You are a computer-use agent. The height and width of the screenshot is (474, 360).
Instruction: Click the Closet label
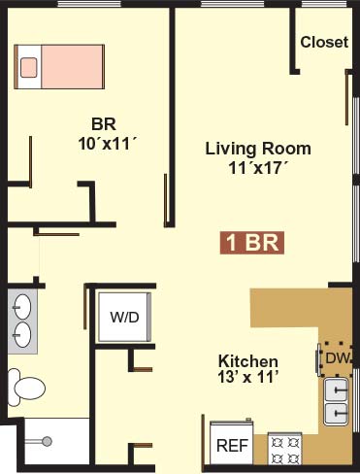tap(324, 42)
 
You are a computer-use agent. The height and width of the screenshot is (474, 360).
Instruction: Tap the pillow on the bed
tap(29, 67)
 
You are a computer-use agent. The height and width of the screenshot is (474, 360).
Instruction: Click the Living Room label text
tap(258, 149)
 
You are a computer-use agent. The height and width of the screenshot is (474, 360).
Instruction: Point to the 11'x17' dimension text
tap(258, 168)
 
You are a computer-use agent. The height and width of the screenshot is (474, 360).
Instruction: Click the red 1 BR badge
tap(252, 243)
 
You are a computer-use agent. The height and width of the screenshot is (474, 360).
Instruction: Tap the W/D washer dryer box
tap(125, 317)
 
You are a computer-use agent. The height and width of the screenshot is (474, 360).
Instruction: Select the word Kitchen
tap(248, 361)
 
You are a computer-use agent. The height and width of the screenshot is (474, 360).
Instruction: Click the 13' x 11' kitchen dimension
tap(248, 377)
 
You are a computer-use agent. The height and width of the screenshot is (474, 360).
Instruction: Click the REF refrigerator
tap(232, 443)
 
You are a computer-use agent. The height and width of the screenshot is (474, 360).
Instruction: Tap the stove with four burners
tap(285, 450)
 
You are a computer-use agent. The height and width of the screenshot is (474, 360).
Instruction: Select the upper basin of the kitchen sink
tap(337, 389)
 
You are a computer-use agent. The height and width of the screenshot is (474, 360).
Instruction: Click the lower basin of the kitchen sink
tap(337, 413)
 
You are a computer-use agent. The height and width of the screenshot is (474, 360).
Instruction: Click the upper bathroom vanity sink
tap(22, 307)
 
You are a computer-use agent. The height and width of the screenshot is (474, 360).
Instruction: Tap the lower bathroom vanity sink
tap(22, 335)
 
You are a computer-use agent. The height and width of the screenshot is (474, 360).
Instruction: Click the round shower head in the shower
tap(48, 441)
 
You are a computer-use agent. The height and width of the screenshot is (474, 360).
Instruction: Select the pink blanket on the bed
tap(72, 67)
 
